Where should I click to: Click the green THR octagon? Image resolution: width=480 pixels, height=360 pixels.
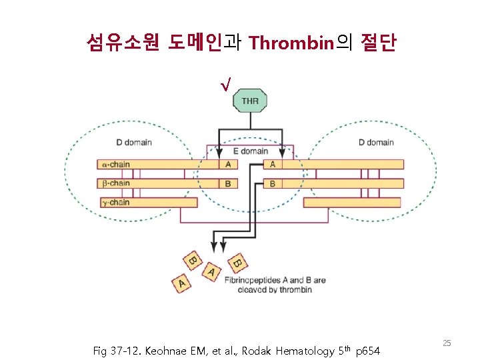click(250, 101)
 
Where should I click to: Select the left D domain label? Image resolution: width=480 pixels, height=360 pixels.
click(134, 142)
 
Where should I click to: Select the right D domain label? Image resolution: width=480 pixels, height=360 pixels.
click(376, 142)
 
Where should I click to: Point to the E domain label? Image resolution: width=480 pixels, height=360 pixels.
click(251, 151)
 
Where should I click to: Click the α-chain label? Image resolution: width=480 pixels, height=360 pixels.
click(116, 164)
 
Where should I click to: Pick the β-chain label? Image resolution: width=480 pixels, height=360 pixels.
click(116, 183)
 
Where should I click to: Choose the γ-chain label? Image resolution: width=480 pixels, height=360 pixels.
click(116, 202)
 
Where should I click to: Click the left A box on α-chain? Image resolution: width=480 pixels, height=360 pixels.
click(228, 164)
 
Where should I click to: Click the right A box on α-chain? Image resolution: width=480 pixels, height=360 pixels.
click(273, 164)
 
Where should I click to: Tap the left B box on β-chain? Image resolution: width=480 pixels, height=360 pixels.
click(228, 183)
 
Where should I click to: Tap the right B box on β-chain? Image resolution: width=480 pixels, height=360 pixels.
click(273, 183)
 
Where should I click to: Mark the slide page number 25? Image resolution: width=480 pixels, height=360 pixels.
click(447, 343)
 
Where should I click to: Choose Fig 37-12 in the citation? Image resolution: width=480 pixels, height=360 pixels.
click(115, 349)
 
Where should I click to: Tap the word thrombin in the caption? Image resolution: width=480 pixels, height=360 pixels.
click(296, 289)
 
